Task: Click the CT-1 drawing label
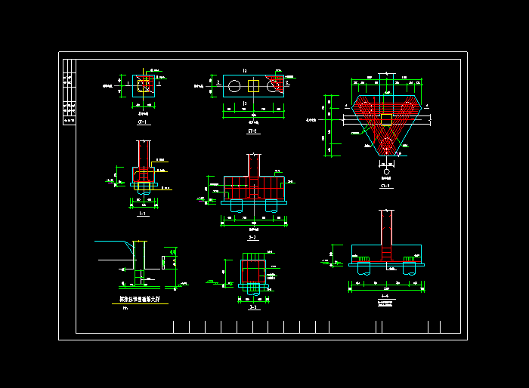[142, 122]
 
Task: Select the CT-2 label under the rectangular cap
[253, 130]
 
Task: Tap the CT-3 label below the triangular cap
[385, 186]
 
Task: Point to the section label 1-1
[142, 214]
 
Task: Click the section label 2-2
[252, 237]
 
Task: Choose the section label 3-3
[253, 307]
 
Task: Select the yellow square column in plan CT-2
[253, 86]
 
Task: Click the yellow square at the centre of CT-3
[386, 119]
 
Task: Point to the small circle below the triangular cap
[386, 173]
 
